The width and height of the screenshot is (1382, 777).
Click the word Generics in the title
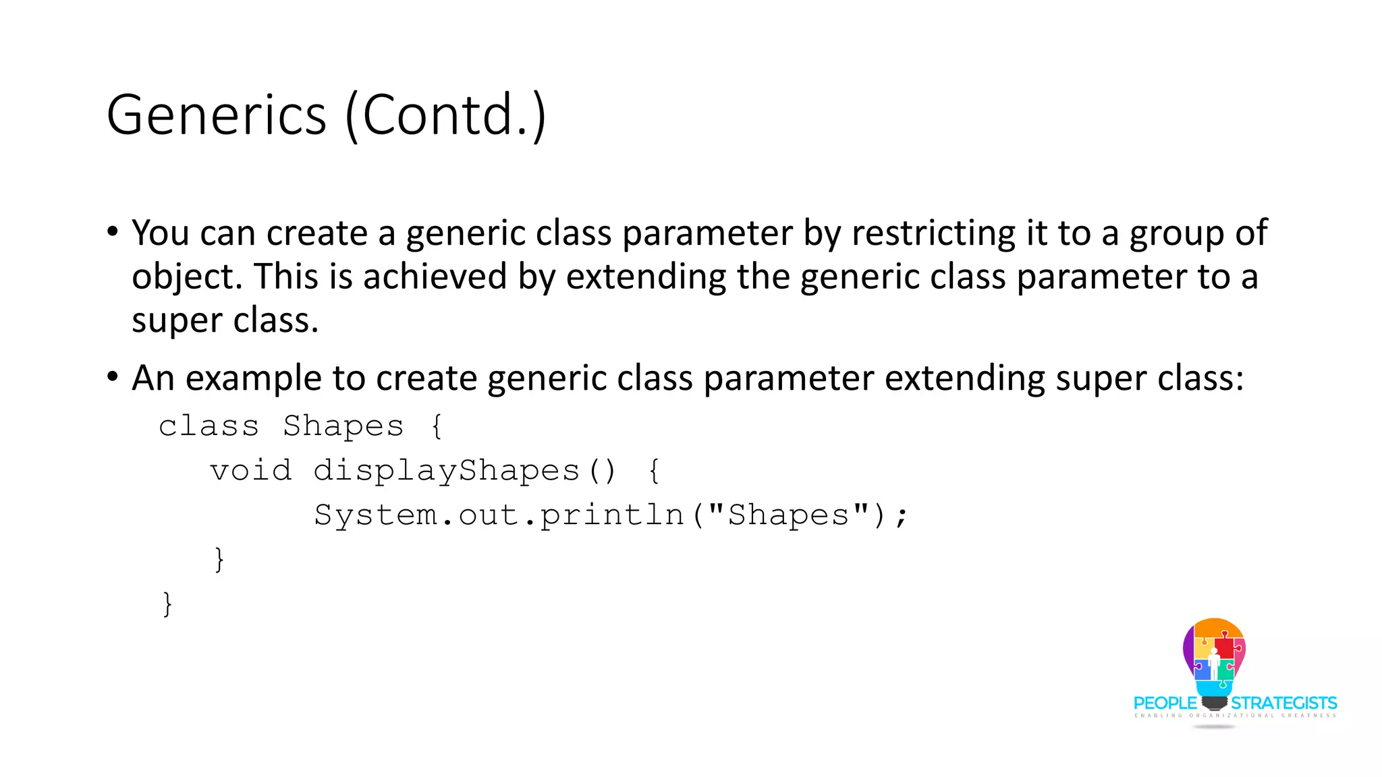click(x=216, y=115)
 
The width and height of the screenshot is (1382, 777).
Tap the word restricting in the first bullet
click(x=933, y=233)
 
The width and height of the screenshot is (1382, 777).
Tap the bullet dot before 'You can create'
click(x=113, y=232)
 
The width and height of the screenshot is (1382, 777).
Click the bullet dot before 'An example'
click(x=113, y=376)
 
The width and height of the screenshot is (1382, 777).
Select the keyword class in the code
click(x=209, y=426)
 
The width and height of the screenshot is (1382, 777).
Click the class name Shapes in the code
click(x=343, y=426)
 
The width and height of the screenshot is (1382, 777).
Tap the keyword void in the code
click(x=250, y=470)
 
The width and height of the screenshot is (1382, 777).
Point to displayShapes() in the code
click(x=464, y=471)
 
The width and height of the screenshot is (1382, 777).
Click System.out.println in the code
click(x=499, y=515)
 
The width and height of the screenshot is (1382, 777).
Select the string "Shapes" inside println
click(x=788, y=515)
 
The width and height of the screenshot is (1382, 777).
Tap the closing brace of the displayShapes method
click(x=219, y=559)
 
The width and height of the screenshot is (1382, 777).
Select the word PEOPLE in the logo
click(x=1165, y=703)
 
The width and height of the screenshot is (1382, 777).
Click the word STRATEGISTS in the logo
click(x=1284, y=703)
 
